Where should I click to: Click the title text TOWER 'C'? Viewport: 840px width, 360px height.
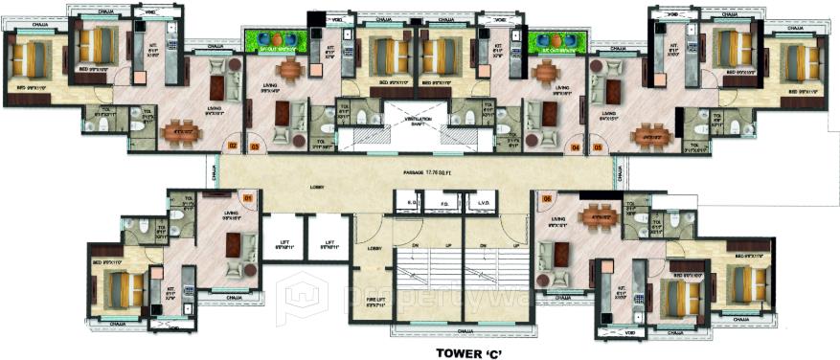(x=468, y=351)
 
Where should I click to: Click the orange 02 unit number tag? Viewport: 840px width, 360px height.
(x=233, y=146)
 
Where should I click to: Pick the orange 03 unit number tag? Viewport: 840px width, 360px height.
(x=255, y=146)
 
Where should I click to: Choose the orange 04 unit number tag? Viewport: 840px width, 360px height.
(x=576, y=147)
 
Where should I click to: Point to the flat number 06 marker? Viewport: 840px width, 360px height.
(x=548, y=198)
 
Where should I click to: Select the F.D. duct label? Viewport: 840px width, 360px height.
(x=443, y=203)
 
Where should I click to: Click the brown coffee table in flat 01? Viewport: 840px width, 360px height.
(x=232, y=245)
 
